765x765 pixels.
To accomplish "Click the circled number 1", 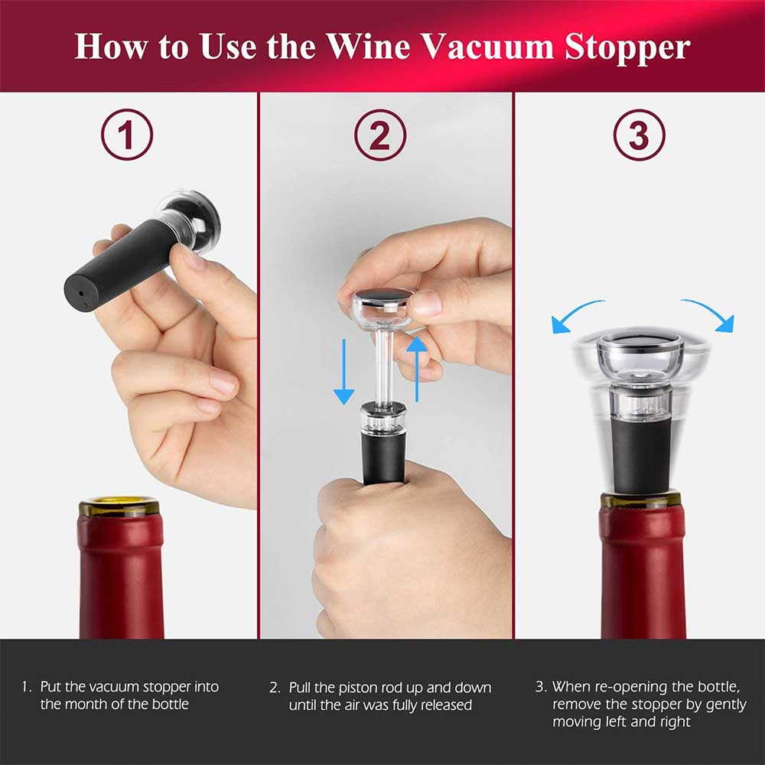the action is point(127,135).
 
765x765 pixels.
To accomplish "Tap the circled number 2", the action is point(380,135).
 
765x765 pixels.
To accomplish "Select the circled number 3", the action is point(639,135).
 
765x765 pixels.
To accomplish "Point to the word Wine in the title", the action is point(369,47).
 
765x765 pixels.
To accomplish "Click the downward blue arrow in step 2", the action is point(344,372).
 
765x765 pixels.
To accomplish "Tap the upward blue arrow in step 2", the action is point(417,369).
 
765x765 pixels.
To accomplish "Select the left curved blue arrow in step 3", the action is point(576,315).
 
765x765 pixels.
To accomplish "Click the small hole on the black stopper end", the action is point(80,295).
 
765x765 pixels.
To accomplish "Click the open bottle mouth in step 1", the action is point(119,502).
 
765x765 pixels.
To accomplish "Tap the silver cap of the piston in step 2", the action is point(383,295).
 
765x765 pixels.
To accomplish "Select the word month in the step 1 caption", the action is point(88,704).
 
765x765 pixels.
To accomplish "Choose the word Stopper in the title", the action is point(627,47).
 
